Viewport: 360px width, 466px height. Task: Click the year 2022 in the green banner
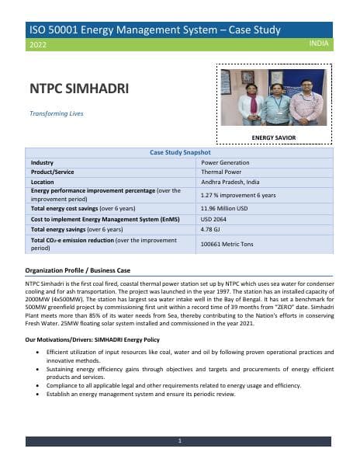click(x=36, y=45)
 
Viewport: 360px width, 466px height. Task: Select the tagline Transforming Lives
click(x=56, y=113)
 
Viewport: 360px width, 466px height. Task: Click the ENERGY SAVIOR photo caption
click(x=274, y=137)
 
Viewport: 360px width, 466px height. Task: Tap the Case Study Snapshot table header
click(x=179, y=153)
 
